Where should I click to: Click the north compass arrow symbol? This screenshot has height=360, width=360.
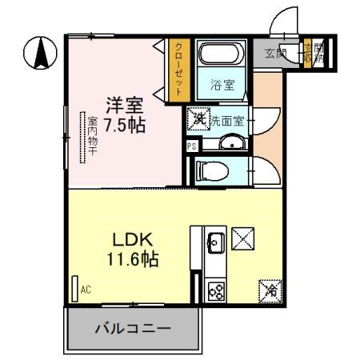(39, 54)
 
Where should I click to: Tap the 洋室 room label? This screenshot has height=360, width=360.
(126, 104)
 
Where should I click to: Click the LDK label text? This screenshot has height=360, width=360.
(126, 240)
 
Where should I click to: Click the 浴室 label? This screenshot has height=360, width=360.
(222, 84)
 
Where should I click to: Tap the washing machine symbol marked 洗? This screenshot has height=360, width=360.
(197, 118)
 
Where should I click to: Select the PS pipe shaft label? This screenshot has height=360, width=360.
(191, 146)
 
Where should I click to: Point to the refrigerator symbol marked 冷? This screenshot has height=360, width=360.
(270, 290)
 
